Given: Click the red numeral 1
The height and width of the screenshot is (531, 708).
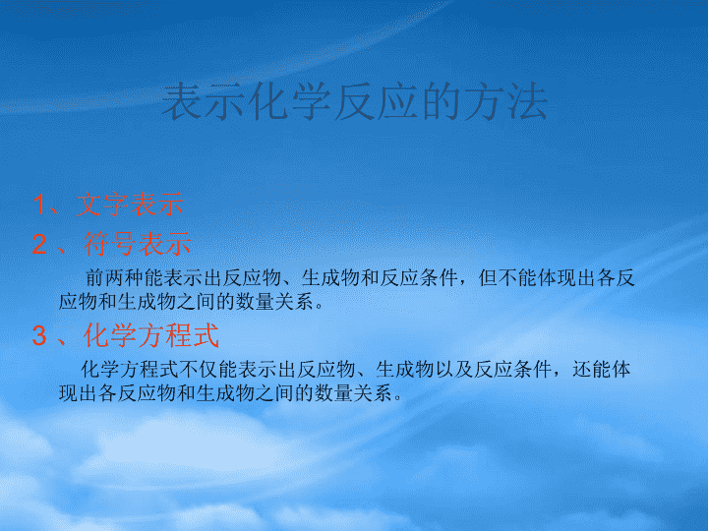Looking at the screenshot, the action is pos(39,205).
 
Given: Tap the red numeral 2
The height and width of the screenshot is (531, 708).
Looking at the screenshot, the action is pos(39,244).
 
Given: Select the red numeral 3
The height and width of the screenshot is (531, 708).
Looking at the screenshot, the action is pos(39,335).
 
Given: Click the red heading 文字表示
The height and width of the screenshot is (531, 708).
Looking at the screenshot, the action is pos(130,205).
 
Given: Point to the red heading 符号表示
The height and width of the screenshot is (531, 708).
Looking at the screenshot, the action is pos(138,244).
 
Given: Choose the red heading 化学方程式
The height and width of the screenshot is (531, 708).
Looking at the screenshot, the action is pos(151,335).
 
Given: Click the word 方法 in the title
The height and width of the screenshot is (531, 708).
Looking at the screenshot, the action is pos(505,102).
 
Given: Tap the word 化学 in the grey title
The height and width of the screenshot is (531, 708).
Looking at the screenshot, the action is pos(290,102).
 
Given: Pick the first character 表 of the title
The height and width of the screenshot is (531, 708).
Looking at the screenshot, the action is pos(182,102).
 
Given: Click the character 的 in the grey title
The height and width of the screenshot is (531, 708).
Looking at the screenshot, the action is pos(441,102).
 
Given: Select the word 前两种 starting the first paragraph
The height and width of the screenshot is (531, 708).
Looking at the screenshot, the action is pos(114,277).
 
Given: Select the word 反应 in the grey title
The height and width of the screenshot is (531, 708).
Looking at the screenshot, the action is pos(376,102).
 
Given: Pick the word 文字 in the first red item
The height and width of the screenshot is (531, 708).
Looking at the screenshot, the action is pos(102,205).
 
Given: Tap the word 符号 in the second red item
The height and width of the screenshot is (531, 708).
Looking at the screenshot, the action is pos(110,244).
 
